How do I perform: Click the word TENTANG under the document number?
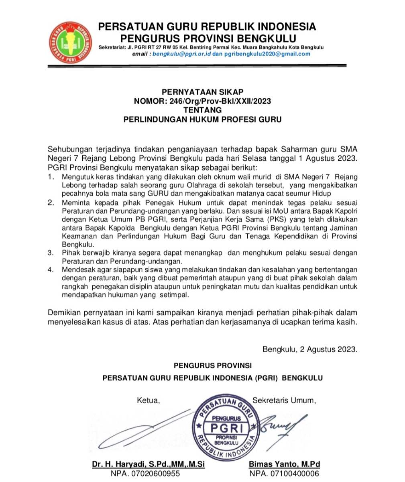pyautogui.click(x=202, y=110)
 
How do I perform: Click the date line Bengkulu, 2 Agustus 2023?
pyautogui.click(x=309, y=349)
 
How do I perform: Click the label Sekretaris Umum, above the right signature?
pyautogui.click(x=284, y=400)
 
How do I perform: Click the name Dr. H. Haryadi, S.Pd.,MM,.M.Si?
pyautogui.click(x=149, y=465)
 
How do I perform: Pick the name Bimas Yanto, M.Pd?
pyautogui.click(x=284, y=465)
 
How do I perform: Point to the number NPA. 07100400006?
pyautogui.click(x=284, y=474)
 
